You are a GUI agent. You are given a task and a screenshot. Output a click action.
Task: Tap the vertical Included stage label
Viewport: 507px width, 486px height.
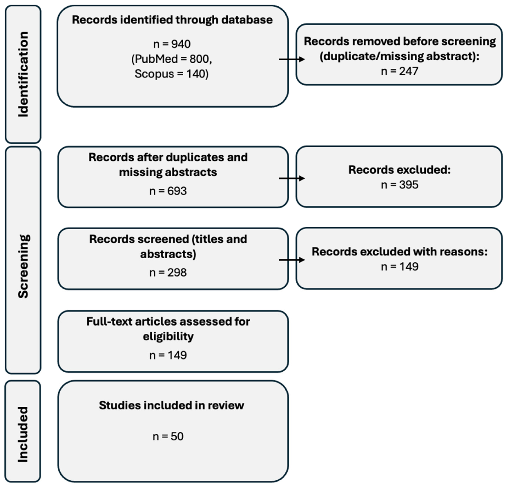click(x=23, y=434)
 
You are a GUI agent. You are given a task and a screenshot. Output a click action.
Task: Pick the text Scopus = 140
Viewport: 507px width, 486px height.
click(x=171, y=74)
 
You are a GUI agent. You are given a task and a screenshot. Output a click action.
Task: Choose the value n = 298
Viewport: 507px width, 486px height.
click(x=168, y=273)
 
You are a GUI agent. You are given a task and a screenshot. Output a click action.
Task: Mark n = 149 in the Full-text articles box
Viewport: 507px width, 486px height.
click(x=168, y=355)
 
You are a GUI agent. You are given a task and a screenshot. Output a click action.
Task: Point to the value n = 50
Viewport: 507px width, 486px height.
click(x=168, y=436)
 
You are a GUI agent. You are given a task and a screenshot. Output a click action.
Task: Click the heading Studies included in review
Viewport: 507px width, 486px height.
click(x=171, y=405)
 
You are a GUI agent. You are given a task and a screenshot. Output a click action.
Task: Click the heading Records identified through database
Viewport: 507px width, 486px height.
click(x=172, y=20)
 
